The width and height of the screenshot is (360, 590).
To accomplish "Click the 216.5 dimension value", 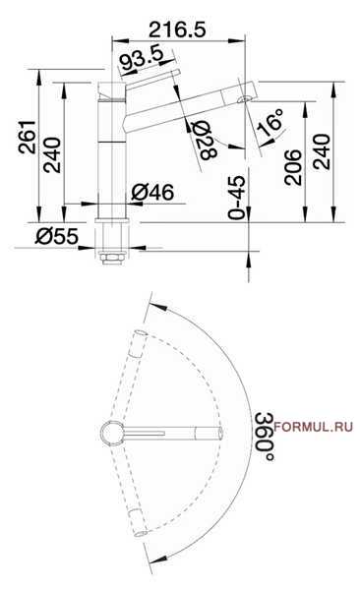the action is coord(177,29).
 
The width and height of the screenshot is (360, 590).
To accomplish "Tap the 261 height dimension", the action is coord(28,137).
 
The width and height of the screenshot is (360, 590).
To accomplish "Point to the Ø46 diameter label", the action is coord(152,193).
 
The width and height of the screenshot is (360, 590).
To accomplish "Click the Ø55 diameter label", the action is coord(57,236).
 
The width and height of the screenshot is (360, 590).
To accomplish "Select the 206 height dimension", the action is coord(293,167).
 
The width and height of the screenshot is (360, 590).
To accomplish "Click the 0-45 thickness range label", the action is coord(237,198).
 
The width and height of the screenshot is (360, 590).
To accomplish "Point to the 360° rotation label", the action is coord(264,437).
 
